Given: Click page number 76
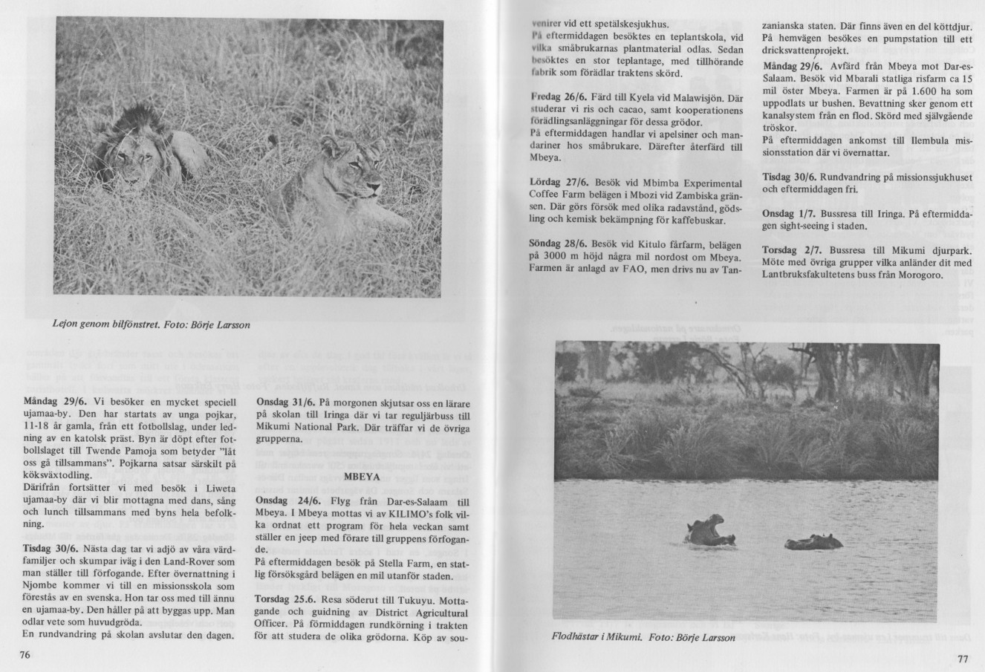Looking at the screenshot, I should (25, 654).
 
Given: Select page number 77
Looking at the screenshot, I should (963, 659).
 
